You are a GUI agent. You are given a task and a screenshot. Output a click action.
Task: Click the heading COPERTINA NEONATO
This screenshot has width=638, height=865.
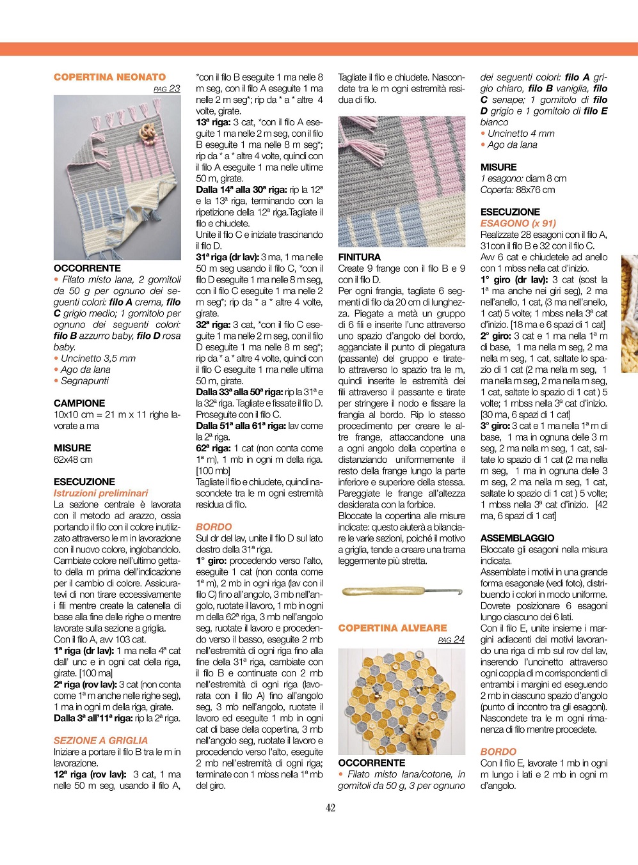point(109,77)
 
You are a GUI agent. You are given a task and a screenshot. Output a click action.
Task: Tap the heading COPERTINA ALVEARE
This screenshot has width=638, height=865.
point(392,628)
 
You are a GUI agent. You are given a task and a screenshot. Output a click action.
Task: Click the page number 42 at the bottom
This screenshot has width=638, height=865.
point(330,807)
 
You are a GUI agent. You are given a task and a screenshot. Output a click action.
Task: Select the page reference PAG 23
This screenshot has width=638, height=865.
point(167,89)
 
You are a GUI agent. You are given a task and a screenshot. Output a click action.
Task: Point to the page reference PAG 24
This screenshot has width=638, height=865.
point(451,639)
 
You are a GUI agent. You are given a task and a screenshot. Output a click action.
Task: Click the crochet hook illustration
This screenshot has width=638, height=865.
point(402,591)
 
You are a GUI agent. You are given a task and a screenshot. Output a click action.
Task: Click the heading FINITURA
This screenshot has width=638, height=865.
point(359,257)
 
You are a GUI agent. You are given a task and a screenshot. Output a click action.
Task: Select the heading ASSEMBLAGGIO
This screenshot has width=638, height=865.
point(517,538)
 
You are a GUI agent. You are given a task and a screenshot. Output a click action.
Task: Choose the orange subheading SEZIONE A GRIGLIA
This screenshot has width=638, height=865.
point(100,740)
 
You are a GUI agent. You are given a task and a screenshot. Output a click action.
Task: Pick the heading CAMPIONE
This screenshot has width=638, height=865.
point(79,403)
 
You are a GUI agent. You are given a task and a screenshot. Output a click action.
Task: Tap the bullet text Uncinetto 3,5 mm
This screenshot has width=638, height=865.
point(98,358)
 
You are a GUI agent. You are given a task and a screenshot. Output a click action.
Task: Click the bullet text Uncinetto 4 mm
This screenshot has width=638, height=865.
point(521,134)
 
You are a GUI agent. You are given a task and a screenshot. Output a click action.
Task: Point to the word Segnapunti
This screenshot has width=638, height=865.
point(84,380)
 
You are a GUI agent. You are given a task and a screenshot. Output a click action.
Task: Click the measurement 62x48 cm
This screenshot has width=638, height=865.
point(73,459)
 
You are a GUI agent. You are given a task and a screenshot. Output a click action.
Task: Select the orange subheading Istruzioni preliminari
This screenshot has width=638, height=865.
point(100,493)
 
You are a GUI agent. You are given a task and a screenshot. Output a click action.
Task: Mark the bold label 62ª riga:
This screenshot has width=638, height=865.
point(214,448)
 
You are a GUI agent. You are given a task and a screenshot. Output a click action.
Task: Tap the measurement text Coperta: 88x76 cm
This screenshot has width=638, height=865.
point(518,189)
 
